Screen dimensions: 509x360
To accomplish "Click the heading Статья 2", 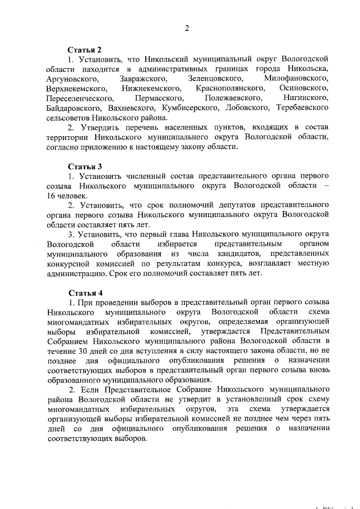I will [85, 49].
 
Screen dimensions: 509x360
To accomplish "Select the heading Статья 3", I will [85, 166].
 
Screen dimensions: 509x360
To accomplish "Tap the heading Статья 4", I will [85, 293].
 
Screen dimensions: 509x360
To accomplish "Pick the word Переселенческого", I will [80, 99].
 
